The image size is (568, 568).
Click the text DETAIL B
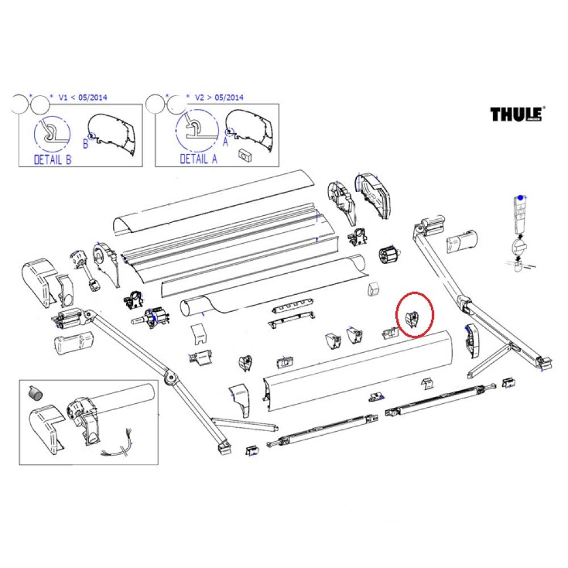53,160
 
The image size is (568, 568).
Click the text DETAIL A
198,159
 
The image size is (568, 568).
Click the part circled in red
414,320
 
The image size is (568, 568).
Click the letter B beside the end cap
86,144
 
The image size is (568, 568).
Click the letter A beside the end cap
225,144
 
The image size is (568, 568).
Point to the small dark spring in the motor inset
35,392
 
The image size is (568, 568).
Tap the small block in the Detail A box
246,153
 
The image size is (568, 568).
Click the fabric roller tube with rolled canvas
273,284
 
